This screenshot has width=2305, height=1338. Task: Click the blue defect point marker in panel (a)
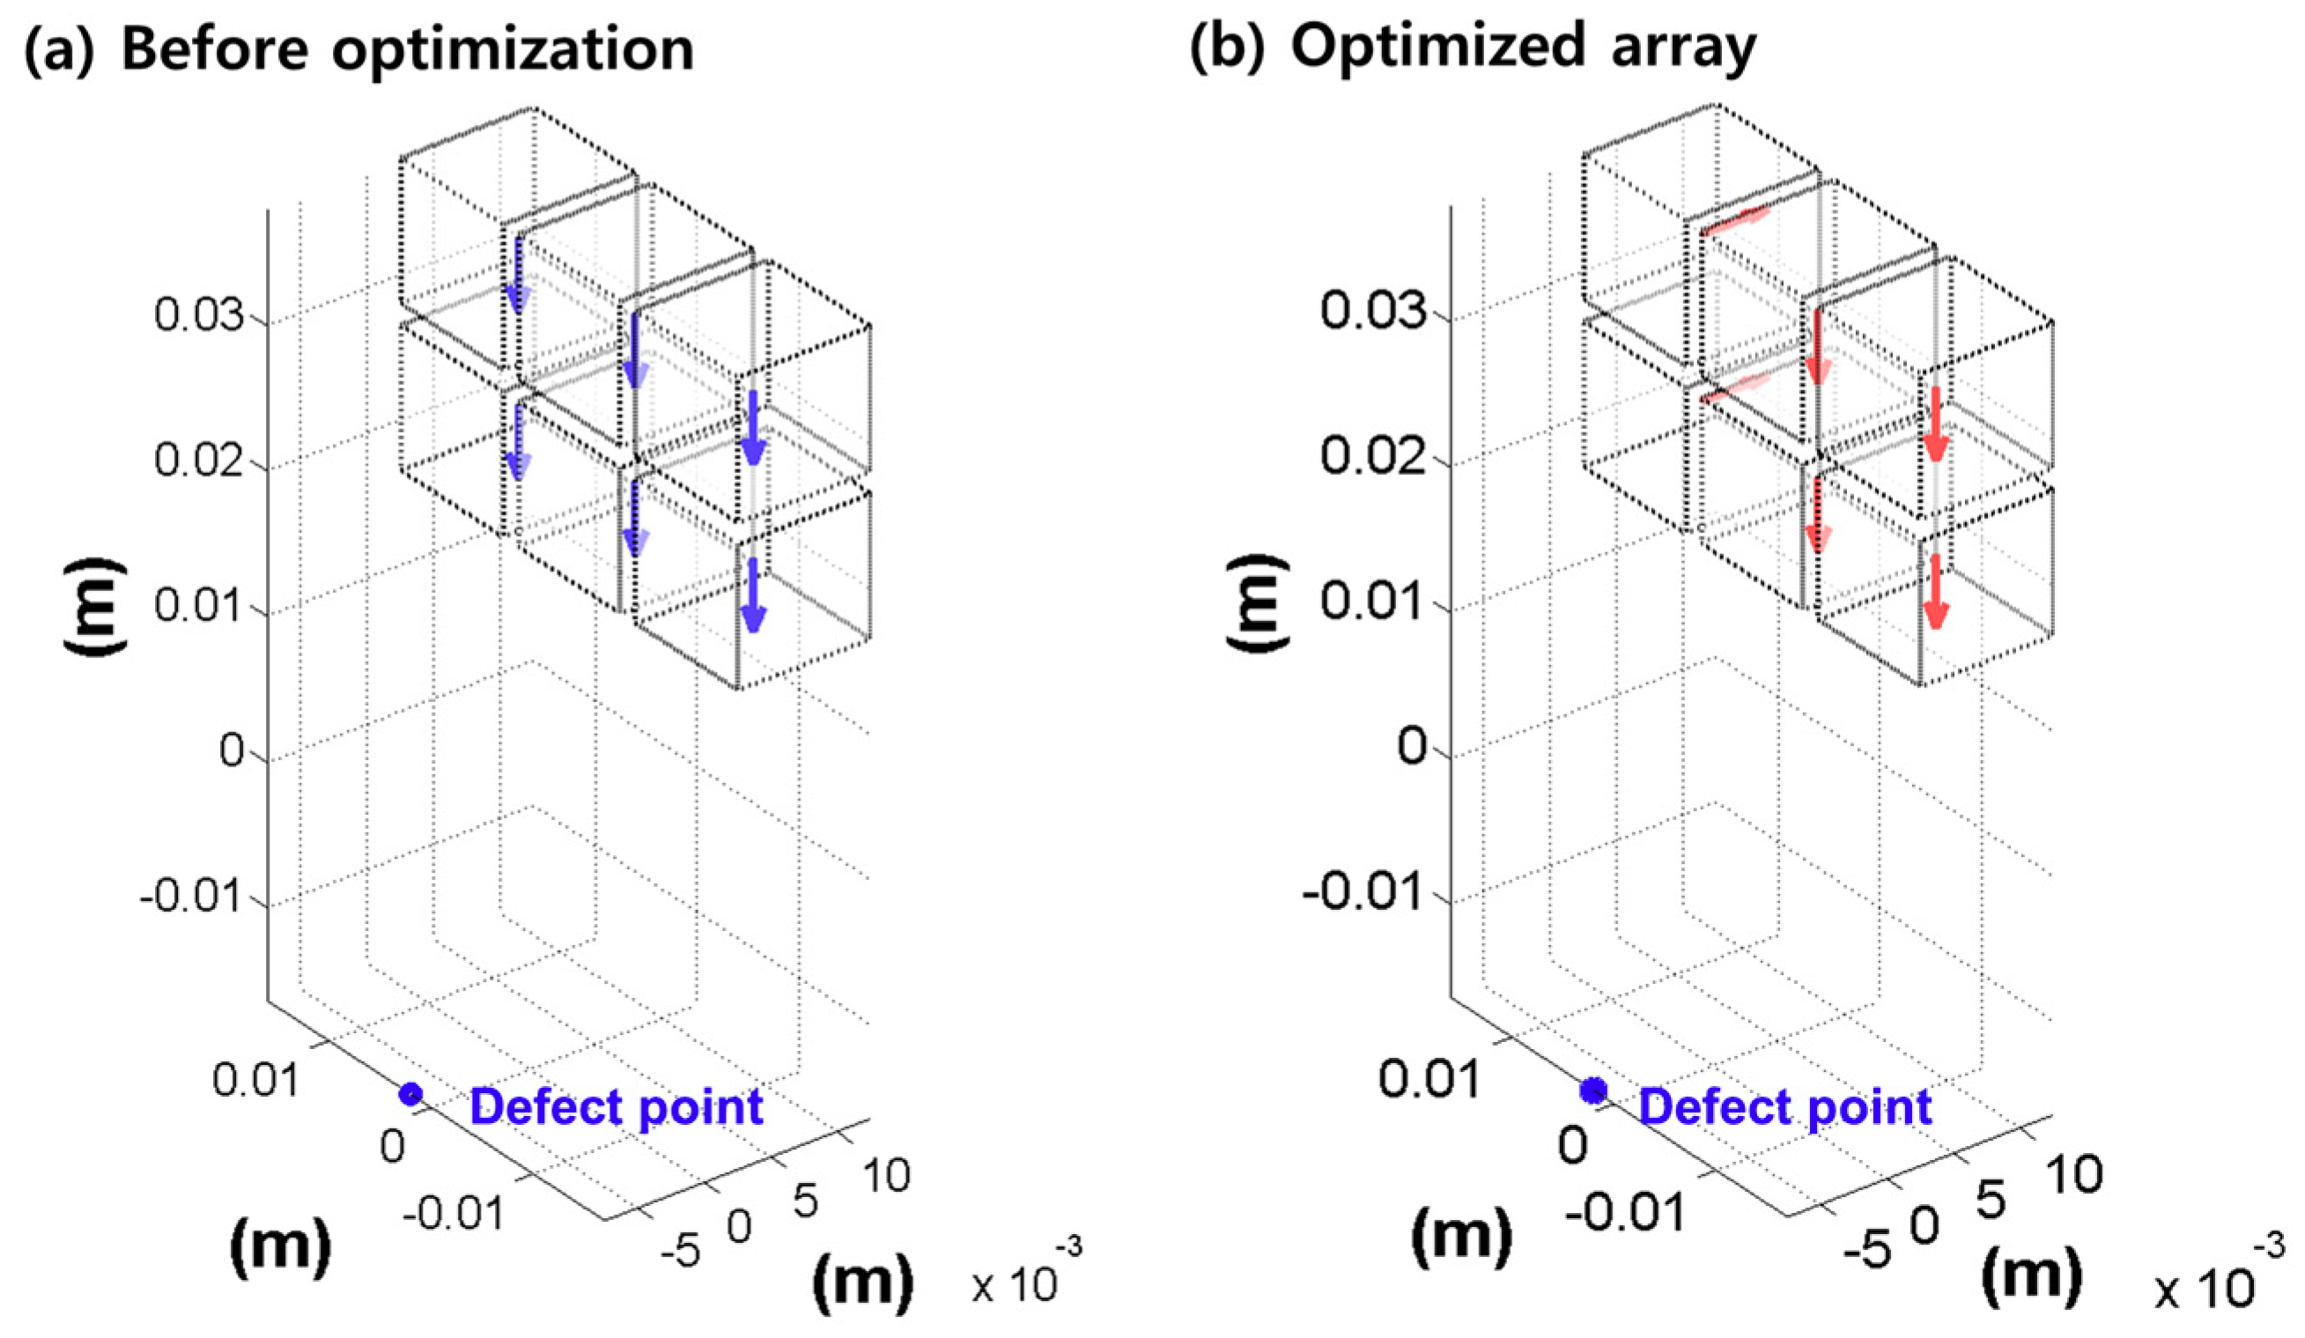(410, 1094)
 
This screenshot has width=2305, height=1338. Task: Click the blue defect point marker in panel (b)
(1593, 1090)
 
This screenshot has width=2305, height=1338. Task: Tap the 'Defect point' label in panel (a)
(616, 1106)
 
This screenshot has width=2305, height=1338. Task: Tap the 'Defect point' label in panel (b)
(1784, 1106)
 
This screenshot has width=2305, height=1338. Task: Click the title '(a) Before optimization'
(358, 48)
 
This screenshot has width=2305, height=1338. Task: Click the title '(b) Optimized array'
(1473, 46)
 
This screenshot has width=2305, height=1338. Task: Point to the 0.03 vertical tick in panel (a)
(199, 315)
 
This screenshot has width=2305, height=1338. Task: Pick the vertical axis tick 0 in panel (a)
(233, 751)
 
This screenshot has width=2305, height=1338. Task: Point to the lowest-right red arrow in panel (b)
(1933, 592)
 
